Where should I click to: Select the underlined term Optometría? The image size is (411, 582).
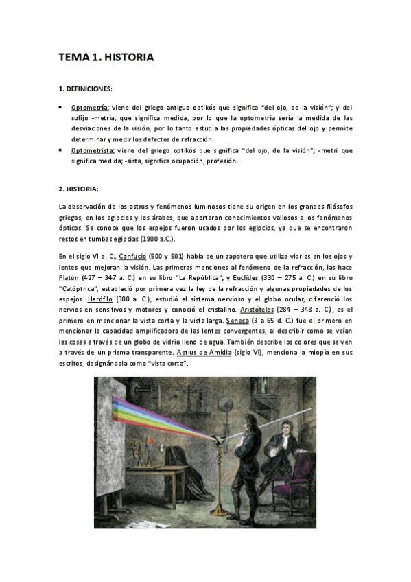pyautogui.click(x=91, y=108)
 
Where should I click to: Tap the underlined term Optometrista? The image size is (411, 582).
pyautogui.click(x=93, y=150)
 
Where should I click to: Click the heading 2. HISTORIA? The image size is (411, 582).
pyautogui.click(x=79, y=189)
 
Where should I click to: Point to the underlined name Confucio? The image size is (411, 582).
pyautogui.click(x=132, y=256)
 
